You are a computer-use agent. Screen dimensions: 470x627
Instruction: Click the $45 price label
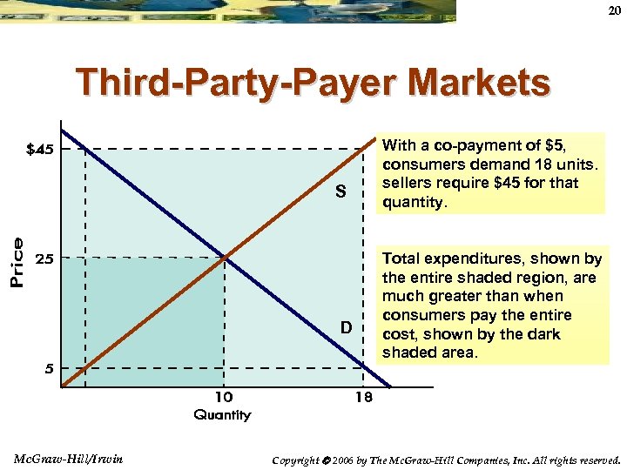point(39,150)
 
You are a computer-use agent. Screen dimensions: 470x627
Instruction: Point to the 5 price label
point(50,368)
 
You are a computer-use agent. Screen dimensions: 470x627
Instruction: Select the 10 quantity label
point(224,398)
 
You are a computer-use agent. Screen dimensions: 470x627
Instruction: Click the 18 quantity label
point(363,398)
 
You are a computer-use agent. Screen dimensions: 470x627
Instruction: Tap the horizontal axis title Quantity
point(222,415)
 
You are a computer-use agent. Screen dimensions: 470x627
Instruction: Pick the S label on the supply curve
point(342,191)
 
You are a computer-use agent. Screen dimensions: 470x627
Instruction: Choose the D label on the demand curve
point(346,327)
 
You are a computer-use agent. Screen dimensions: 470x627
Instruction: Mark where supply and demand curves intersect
point(225,258)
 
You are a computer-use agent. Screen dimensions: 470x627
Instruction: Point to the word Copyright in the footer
point(297,460)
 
